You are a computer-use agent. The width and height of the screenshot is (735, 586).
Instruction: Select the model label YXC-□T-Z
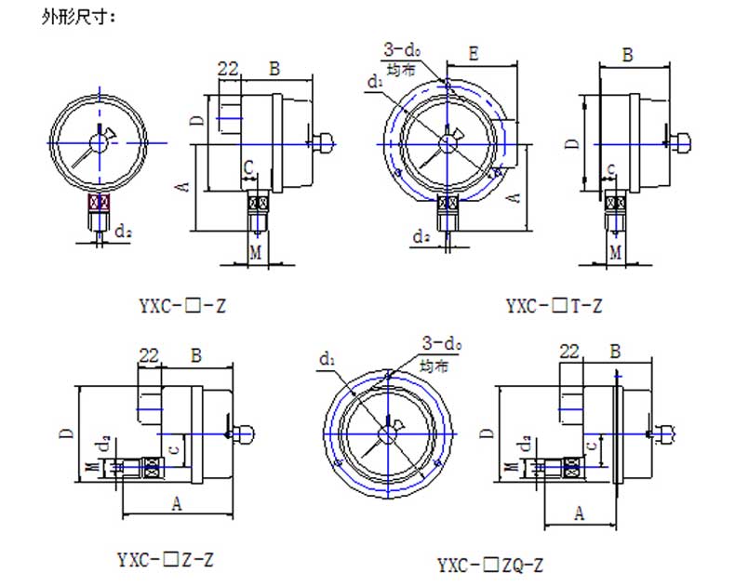(555, 305)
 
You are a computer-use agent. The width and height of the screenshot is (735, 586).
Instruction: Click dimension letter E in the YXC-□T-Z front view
(474, 54)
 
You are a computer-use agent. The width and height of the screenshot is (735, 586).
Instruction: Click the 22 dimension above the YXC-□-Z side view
(228, 68)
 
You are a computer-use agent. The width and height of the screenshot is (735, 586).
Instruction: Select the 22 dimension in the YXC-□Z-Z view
(148, 353)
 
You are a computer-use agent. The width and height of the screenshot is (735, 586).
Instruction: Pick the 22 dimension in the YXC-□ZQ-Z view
(571, 351)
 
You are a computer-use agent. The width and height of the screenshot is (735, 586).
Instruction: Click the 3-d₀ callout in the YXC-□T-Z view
(399, 49)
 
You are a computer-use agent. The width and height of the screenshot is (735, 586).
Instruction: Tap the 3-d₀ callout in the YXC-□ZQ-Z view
(442, 343)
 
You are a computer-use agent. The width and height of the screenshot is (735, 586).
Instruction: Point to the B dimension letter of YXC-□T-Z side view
(628, 55)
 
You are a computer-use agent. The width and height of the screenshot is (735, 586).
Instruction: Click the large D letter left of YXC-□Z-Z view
(68, 433)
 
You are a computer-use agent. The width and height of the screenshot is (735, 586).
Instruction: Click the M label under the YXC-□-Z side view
(255, 252)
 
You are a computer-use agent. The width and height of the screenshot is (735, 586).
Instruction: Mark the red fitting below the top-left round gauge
(100, 202)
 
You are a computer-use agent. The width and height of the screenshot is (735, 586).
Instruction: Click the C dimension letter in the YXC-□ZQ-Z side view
(592, 447)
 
